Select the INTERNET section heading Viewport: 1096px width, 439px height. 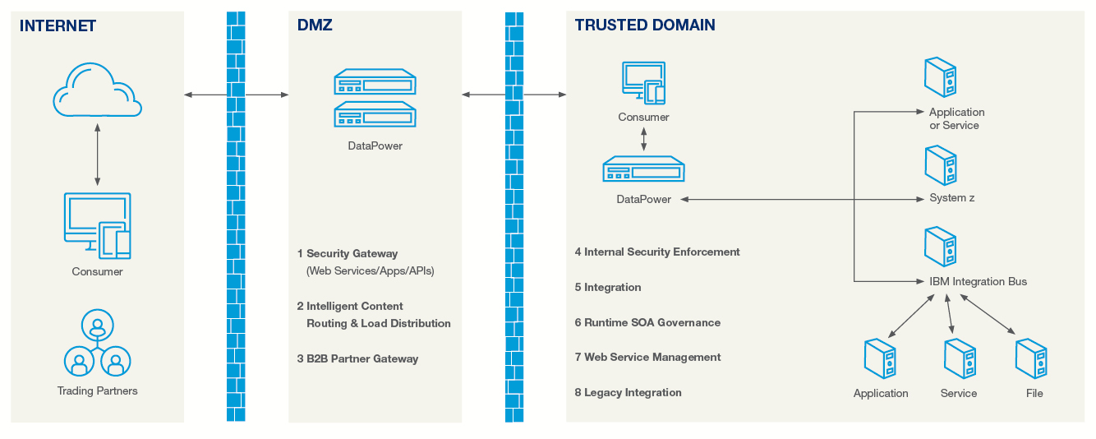pyautogui.click(x=58, y=25)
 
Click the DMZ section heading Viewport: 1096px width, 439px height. pyautogui.click(x=315, y=25)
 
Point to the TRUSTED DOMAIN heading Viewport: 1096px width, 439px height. pyautogui.click(x=645, y=25)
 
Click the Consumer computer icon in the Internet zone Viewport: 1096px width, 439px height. pyautogui.click(x=97, y=224)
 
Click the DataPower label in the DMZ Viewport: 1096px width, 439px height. pyautogui.click(x=375, y=146)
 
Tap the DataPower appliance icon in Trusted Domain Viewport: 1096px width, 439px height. pyautogui.click(x=643, y=171)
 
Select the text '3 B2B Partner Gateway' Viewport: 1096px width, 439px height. pyautogui.click(x=358, y=358)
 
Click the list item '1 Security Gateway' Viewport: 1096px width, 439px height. pyautogui.click(x=348, y=253)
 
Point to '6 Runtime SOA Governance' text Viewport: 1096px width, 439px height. pyautogui.click(x=647, y=323)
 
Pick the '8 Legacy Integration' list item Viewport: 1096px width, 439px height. pyautogui.click(x=629, y=393)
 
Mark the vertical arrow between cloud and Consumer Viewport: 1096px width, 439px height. pyautogui.click(x=97, y=155)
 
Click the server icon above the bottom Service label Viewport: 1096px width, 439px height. pyautogui.click(x=959, y=358)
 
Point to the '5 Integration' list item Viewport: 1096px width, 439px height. pyautogui.click(x=608, y=288)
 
